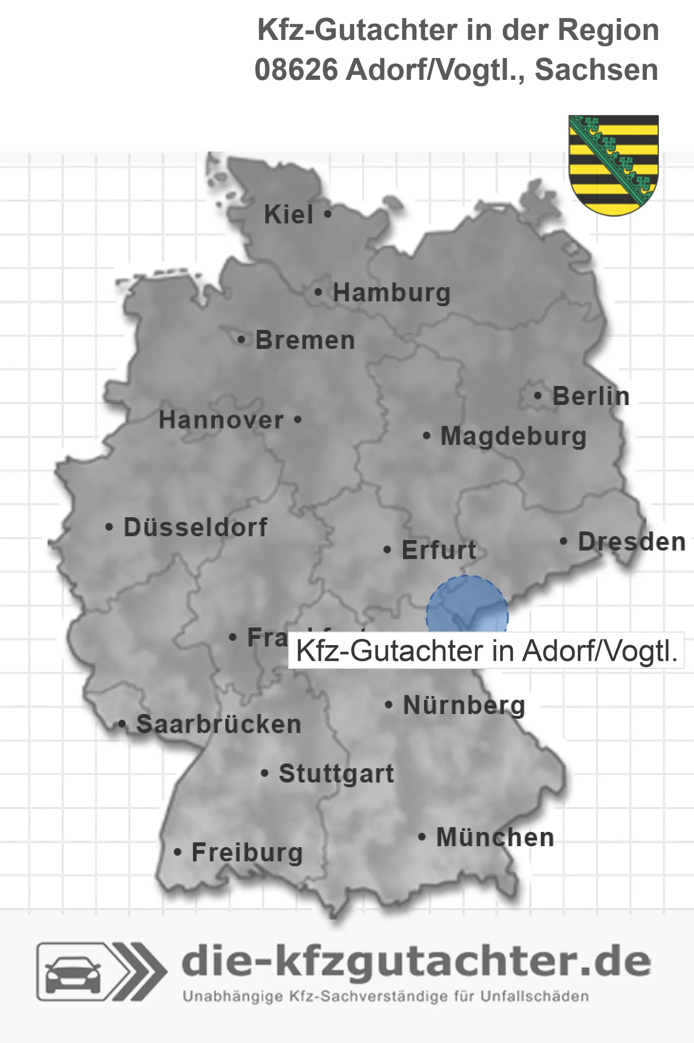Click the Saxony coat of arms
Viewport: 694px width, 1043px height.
pos(614,164)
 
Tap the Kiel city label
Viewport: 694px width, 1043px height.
pos(289,214)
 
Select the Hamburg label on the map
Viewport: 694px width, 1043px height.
pos(391,292)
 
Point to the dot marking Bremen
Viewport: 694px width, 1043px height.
pos(241,340)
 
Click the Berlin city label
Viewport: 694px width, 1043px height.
pos(591,396)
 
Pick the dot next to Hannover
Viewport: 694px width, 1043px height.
pos(298,419)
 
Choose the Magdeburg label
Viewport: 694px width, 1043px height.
pos(513,436)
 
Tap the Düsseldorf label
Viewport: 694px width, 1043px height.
pos(195,527)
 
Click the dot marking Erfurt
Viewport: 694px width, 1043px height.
pos(387,550)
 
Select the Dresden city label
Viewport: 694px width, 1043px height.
pos(632,541)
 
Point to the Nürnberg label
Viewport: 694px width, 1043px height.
pos(464,705)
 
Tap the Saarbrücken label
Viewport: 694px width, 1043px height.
pos(219,724)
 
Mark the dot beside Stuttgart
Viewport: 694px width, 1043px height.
pos(265,773)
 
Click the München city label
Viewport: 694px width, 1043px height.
pos(495,837)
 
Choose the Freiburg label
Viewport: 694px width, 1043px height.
pos(247,852)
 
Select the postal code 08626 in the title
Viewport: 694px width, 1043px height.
pos(296,70)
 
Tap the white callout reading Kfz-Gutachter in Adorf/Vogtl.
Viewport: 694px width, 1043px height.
pos(486,651)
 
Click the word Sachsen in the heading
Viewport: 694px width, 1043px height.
pos(596,70)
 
